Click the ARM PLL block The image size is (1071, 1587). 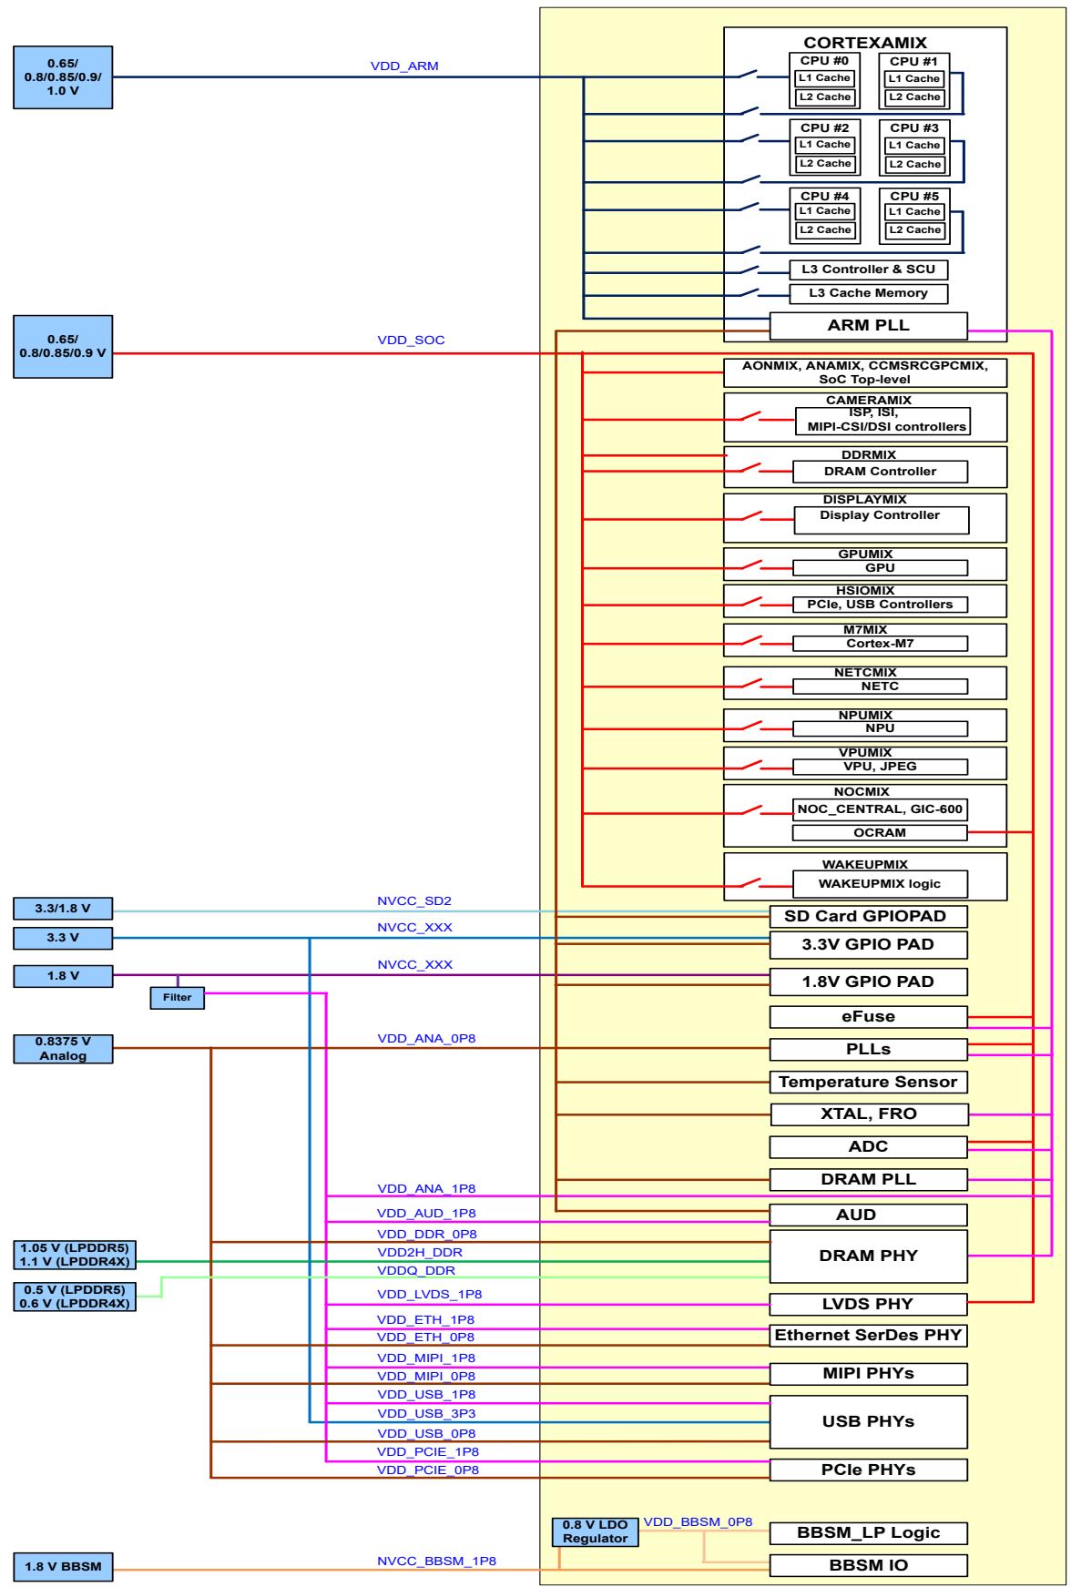pyautogui.click(x=868, y=325)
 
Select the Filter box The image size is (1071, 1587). pyautogui.click(x=178, y=998)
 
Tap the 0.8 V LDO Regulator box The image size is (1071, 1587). pyautogui.click(x=595, y=1531)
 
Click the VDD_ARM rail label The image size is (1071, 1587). pyautogui.click(x=404, y=66)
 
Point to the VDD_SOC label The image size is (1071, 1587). pyautogui.click(x=411, y=341)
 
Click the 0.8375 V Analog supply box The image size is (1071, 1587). pyautogui.click(x=63, y=1048)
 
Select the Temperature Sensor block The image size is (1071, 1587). pyautogui.click(x=868, y=1082)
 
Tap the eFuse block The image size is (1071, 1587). pyautogui.click(x=868, y=1016)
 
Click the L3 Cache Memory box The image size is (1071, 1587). pyautogui.click(x=869, y=293)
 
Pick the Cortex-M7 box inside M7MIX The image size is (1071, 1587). pyautogui.click(x=880, y=643)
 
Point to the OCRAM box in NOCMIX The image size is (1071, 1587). pyautogui.click(x=880, y=832)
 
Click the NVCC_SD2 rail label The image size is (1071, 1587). pyautogui.click(x=414, y=901)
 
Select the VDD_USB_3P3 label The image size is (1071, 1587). pyautogui.click(x=426, y=1413)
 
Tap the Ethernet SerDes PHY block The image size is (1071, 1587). pyautogui.click(x=868, y=1336)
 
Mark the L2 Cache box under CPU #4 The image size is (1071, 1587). pyautogui.click(x=824, y=230)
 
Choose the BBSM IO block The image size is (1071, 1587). pyautogui.click(x=868, y=1565)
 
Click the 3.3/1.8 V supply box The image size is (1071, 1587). pyautogui.click(x=63, y=908)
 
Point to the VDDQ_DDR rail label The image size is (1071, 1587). pyautogui.click(x=416, y=1270)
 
